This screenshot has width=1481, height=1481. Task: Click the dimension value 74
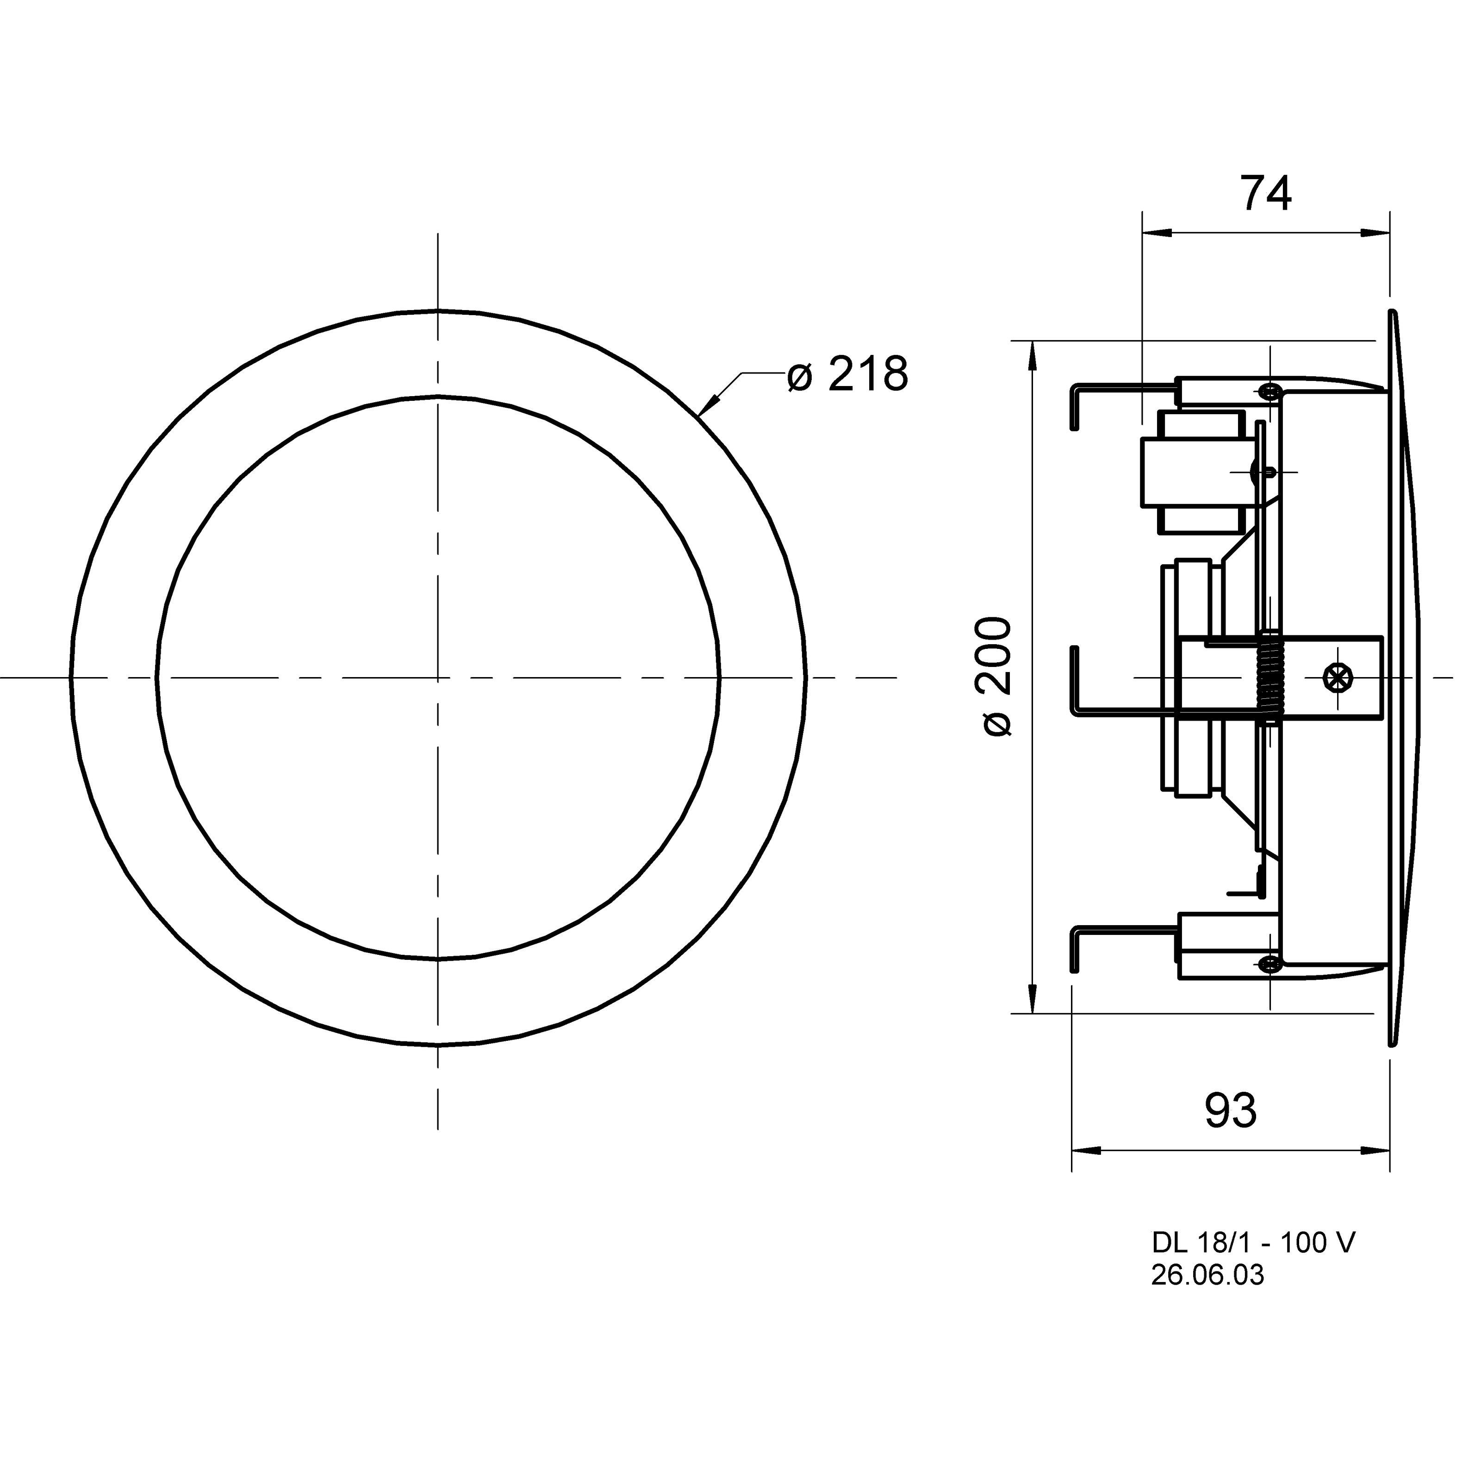point(1266,195)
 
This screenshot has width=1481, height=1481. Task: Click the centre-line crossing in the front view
point(438,678)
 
